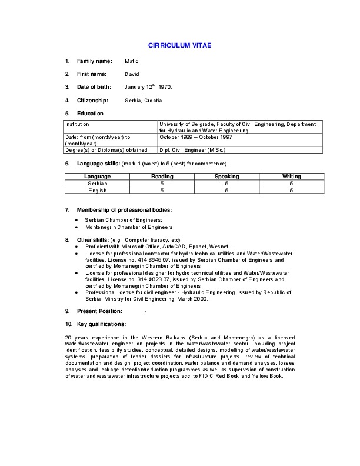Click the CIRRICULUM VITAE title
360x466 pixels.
tap(179, 45)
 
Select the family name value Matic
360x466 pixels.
tap(131, 61)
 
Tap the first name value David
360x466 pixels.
tap(132, 74)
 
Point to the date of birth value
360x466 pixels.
tap(148, 87)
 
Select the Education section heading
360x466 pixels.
tap(90, 113)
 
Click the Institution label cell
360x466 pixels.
tap(78, 124)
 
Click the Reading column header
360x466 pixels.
tap(162, 177)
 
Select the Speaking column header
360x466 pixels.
tap(227, 177)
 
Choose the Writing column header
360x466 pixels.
tap(292, 177)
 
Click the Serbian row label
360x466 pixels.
tap(98, 184)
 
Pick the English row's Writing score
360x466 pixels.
tap(292, 191)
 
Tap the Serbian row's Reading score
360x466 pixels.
tap(162, 184)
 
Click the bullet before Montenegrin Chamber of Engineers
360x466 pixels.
tap(77, 227)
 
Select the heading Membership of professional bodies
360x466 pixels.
tap(124, 210)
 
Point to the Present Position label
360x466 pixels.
tap(99, 311)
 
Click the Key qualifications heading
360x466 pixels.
tap(101, 324)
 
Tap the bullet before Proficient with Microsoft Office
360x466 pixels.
tap(77, 247)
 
